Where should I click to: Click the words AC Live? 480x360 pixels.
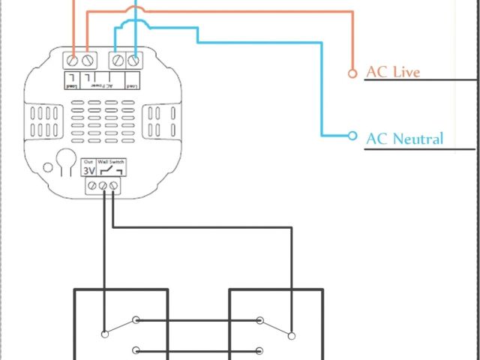point(393,72)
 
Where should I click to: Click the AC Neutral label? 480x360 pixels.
point(405,138)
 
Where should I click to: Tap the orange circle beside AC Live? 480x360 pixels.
point(352,73)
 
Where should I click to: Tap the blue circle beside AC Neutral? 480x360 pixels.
point(352,136)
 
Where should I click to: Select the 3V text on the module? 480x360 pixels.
point(88,171)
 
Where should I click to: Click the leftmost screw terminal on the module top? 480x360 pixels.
point(73,59)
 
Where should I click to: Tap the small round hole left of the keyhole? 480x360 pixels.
point(46,169)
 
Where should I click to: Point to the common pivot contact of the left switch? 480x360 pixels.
point(102,334)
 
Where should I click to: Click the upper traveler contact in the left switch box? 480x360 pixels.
point(136,321)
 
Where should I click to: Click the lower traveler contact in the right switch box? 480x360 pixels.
point(259,349)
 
